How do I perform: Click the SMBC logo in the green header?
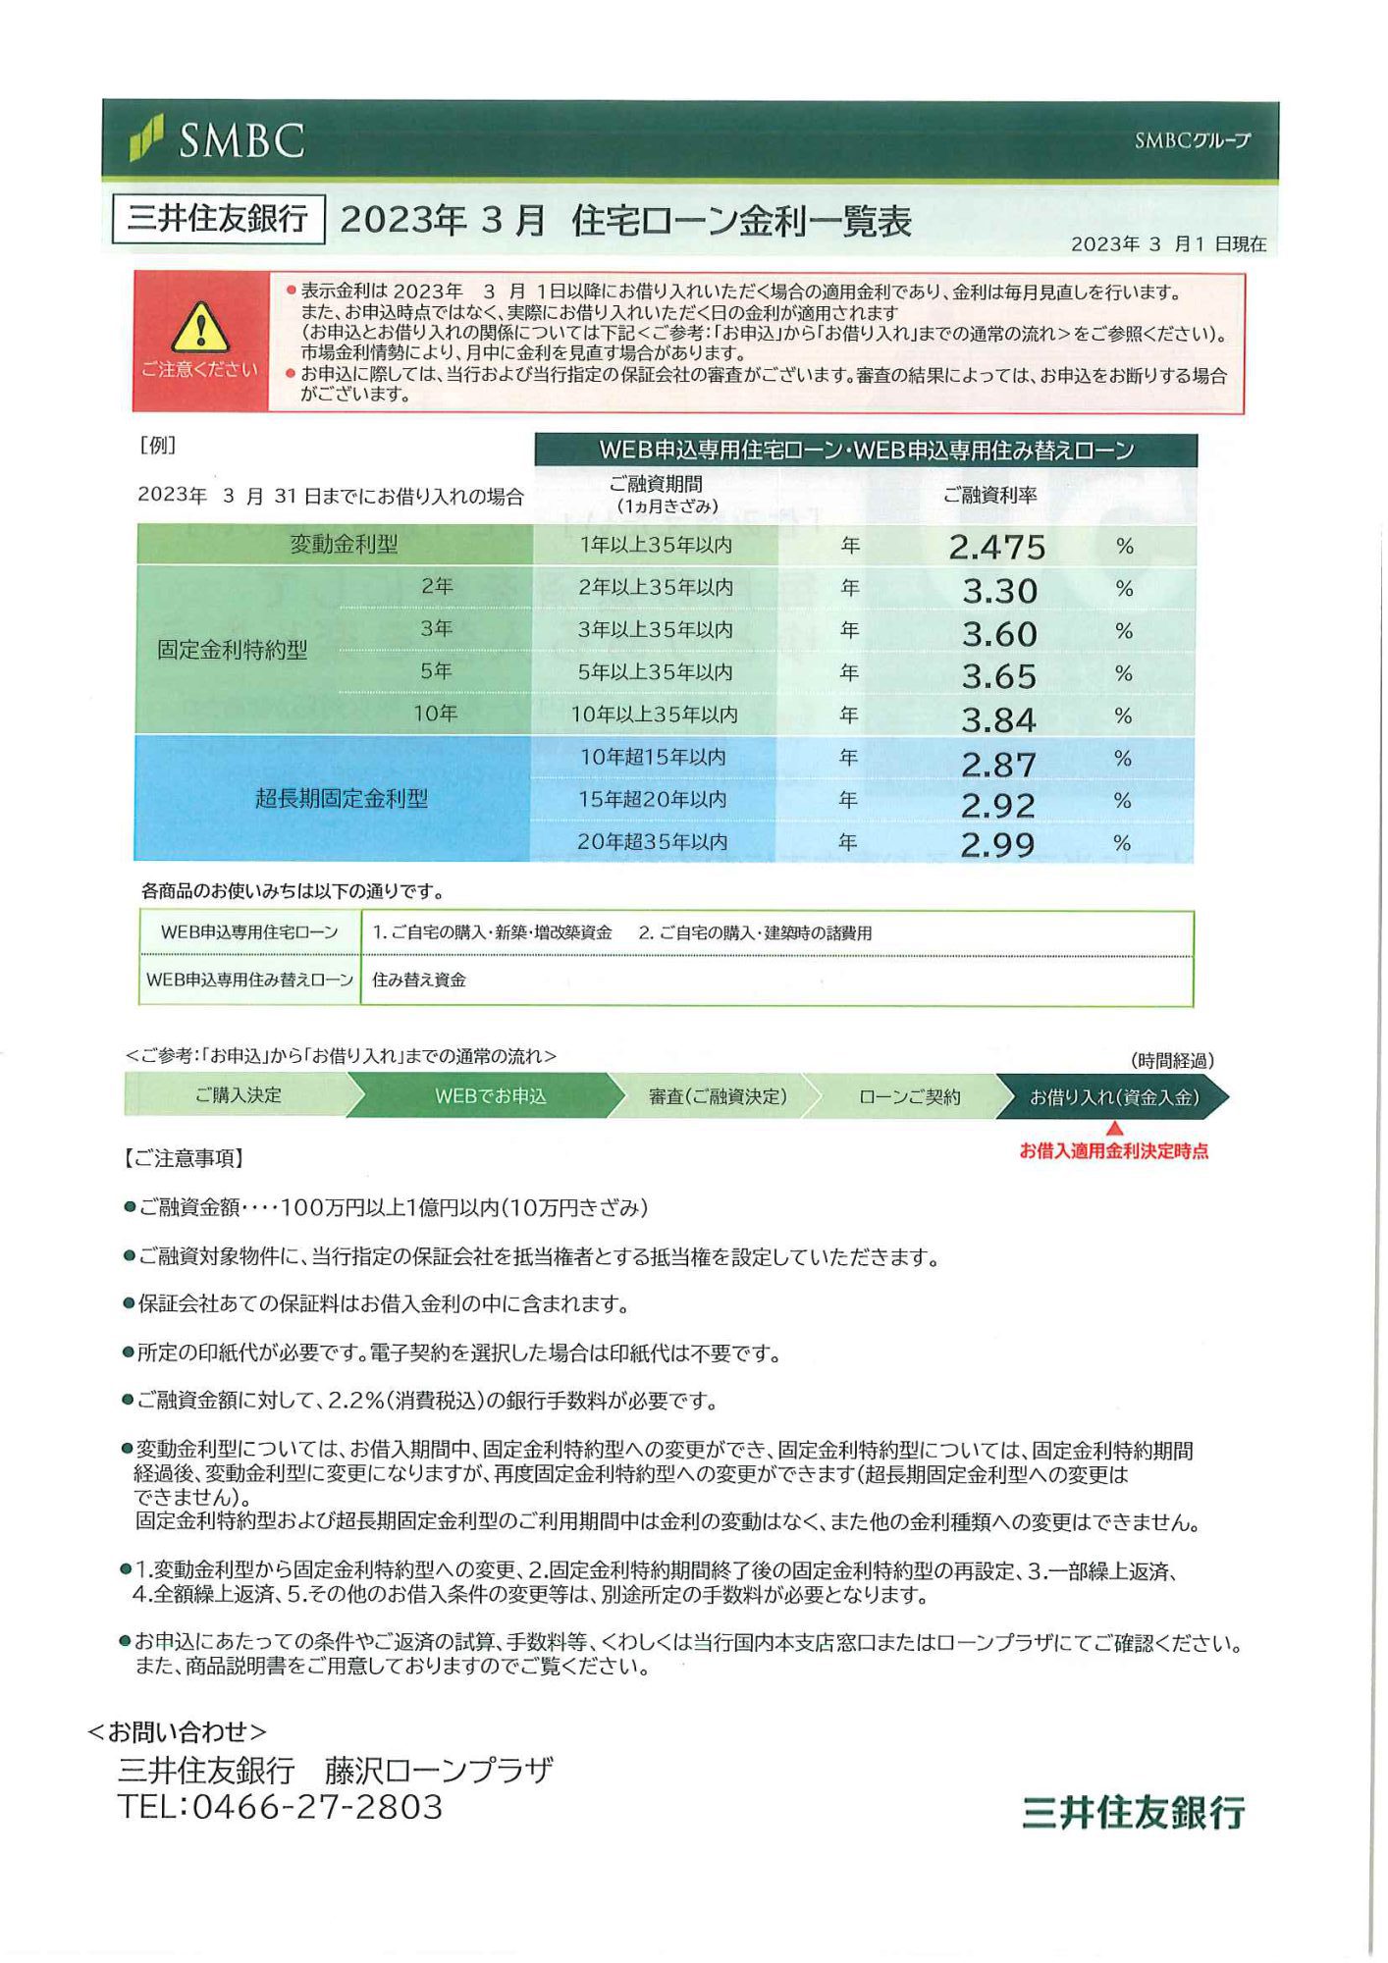(x=218, y=140)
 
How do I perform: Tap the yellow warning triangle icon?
(x=200, y=329)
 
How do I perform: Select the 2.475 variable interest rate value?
(x=996, y=547)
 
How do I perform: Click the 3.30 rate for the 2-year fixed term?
(x=999, y=591)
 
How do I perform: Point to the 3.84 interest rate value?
(x=998, y=720)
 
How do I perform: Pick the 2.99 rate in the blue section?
(x=997, y=844)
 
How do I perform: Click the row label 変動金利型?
(x=344, y=545)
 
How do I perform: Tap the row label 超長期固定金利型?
(x=342, y=799)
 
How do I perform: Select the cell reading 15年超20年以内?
(x=652, y=800)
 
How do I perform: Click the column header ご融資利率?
(x=989, y=496)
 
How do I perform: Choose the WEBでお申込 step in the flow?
(x=490, y=1096)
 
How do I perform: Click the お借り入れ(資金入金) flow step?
(x=1113, y=1097)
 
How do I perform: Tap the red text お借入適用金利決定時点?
(x=1113, y=1151)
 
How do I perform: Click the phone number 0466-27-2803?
(x=317, y=1807)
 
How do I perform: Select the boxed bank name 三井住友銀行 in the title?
(x=218, y=218)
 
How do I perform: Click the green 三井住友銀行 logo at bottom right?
(x=1133, y=1812)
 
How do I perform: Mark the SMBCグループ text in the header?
(x=1192, y=140)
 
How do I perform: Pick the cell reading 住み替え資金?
(x=419, y=980)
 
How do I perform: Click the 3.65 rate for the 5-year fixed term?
(x=998, y=676)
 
